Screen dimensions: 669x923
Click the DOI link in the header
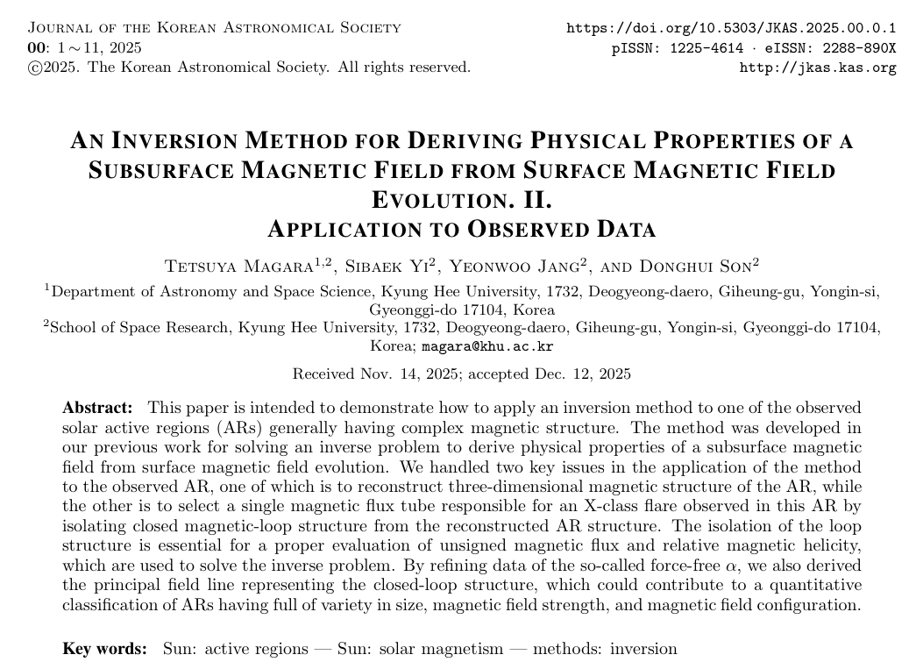click(x=732, y=27)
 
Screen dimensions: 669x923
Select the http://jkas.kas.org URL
click(x=818, y=68)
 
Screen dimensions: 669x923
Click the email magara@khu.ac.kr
click(x=487, y=346)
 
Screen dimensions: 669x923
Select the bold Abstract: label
click(x=97, y=408)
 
